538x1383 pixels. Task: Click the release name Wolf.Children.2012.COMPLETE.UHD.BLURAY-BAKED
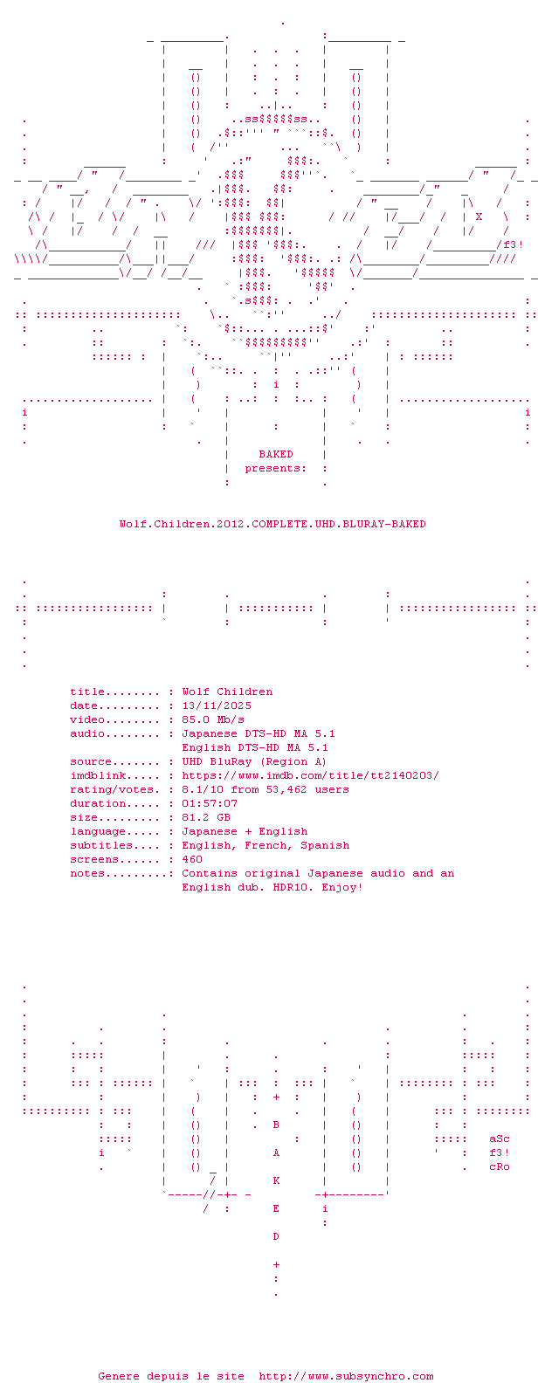click(x=272, y=524)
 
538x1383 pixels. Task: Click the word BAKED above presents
click(x=276, y=454)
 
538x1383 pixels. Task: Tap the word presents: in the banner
click(x=276, y=468)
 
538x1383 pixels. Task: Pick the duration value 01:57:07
click(x=210, y=803)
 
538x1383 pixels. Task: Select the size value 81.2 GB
click(x=206, y=817)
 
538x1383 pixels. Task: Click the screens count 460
click(x=192, y=859)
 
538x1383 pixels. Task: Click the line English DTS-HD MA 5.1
click(x=255, y=747)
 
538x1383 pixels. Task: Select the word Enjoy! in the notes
click(x=342, y=887)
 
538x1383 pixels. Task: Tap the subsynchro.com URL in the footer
click(x=346, y=1376)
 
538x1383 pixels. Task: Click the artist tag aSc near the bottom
click(x=499, y=1139)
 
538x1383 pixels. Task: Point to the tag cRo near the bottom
click(x=499, y=1166)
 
